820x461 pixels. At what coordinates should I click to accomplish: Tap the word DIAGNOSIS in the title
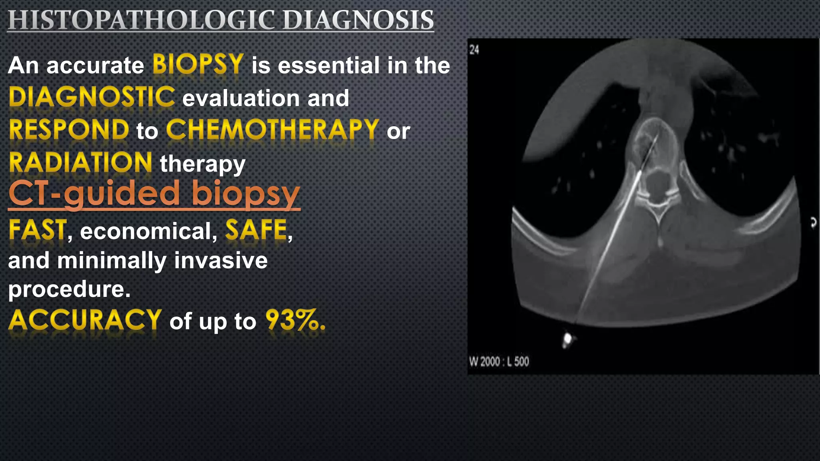coord(358,20)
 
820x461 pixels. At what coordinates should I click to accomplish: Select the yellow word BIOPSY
coord(198,64)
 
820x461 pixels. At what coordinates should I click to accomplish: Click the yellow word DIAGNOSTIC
coord(92,97)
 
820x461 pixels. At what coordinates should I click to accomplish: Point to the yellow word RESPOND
coord(69,130)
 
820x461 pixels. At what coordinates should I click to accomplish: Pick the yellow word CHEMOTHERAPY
coord(273,130)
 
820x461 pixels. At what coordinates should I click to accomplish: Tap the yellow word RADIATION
coord(80,163)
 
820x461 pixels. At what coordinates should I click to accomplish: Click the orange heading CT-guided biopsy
coord(154,194)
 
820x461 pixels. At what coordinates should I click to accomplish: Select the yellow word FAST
coord(38,230)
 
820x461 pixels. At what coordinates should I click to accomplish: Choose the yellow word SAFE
coord(256,230)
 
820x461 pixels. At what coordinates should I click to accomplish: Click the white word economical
coord(149,231)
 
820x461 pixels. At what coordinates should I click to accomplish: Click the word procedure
coord(69,289)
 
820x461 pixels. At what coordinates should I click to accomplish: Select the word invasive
coord(221,261)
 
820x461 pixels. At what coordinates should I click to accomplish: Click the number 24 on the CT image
coord(474,50)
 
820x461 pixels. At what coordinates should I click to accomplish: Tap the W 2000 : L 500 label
coord(499,362)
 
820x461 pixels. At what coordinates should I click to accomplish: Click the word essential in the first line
coord(328,66)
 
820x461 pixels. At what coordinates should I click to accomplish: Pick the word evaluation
coord(241,98)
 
